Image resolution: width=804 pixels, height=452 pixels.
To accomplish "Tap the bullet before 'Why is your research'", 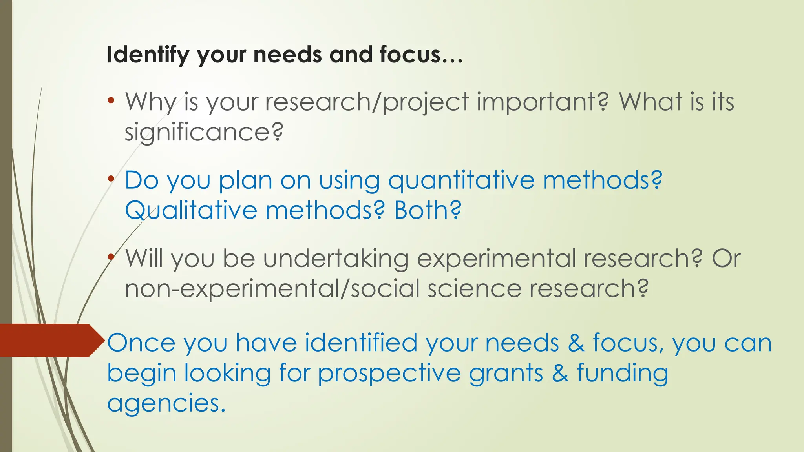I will point(111,100).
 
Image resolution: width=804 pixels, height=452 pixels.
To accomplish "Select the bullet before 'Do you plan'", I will point(111,179).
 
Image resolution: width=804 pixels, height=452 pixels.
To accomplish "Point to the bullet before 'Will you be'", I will point(111,257).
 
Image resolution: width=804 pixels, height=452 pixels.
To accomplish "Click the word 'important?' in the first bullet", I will point(542,102).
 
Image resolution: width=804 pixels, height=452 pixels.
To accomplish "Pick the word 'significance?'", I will point(204,132).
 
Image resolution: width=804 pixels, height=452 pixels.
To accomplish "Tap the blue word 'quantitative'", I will point(461,180).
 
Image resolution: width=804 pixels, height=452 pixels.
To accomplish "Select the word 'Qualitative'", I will point(191,210).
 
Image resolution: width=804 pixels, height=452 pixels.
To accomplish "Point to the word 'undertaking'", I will point(336,259).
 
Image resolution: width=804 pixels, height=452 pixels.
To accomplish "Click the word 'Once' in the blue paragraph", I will point(141,343).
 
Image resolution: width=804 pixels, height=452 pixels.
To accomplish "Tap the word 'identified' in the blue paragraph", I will point(361,343).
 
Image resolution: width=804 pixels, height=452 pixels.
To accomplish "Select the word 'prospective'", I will point(389,373).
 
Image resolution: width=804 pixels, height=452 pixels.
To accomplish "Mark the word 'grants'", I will point(506,373).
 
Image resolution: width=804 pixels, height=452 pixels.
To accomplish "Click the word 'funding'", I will point(623,373).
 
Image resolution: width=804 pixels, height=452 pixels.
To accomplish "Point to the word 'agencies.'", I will point(166,403).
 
